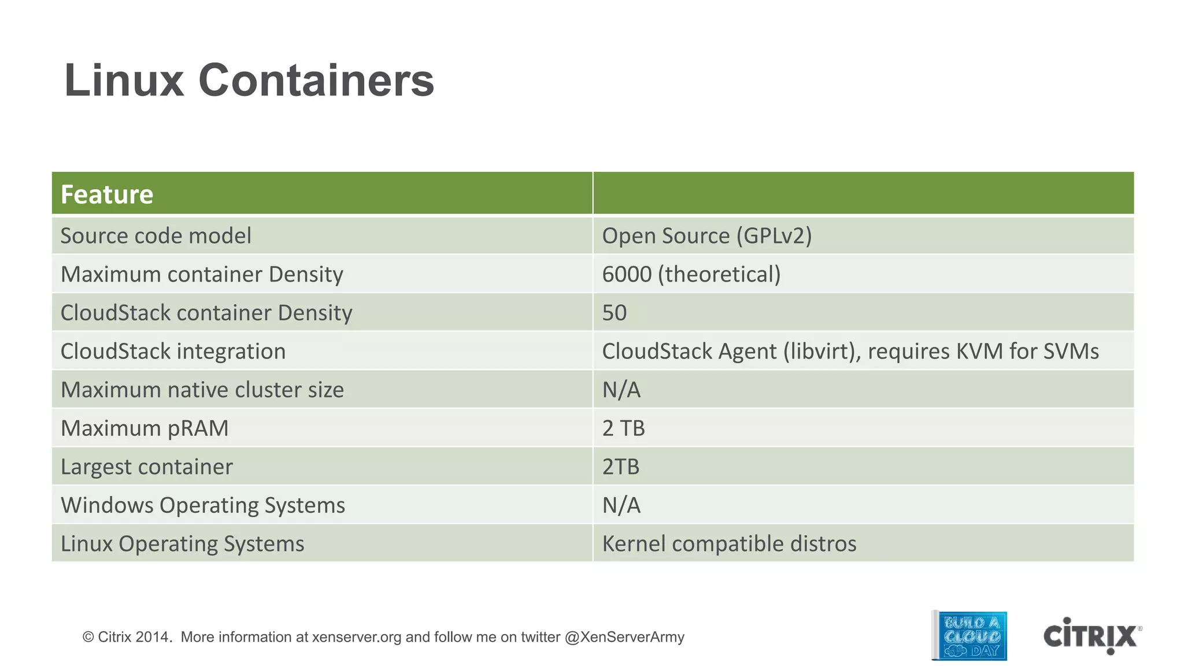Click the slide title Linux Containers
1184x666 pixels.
(249, 80)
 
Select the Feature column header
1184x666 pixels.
(107, 194)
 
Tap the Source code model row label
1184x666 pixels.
(156, 236)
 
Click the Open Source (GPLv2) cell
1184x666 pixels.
(706, 236)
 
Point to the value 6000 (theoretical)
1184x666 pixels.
(691, 274)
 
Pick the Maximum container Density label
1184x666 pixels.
(202, 274)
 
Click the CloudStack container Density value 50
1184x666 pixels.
(614, 313)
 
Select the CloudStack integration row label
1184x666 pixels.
(173, 351)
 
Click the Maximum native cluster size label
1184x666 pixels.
(202, 390)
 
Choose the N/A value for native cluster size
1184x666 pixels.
(621, 390)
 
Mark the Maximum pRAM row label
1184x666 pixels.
(145, 428)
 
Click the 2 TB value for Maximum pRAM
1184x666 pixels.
(623, 428)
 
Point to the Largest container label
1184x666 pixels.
(146, 467)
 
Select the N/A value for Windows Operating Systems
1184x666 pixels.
(621, 505)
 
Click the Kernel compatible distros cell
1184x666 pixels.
(729, 543)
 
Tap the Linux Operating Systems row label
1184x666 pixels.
(182, 543)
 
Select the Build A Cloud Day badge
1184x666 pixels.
(970, 636)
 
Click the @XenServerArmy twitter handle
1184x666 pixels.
(624, 637)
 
